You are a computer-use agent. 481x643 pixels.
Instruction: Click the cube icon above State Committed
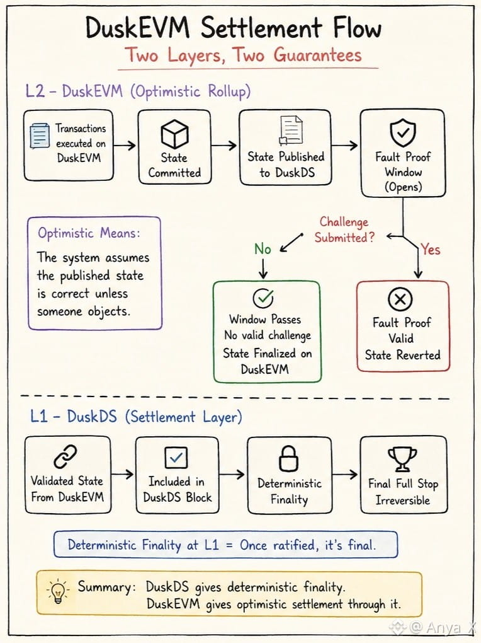click(174, 134)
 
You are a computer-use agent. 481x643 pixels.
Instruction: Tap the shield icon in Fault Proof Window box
click(403, 132)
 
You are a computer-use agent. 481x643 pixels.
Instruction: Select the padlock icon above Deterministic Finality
click(288, 458)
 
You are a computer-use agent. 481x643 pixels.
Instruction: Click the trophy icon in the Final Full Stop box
click(402, 459)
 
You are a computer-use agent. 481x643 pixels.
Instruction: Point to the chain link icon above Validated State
click(65, 456)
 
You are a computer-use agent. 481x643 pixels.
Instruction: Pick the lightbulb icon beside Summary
click(58, 591)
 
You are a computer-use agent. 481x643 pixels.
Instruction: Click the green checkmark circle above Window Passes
click(263, 298)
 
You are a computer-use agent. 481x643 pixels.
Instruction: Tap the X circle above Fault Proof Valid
click(400, 299)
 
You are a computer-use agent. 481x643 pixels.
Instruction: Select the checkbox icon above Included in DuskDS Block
click(176, 457)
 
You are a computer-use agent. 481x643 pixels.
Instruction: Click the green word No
click(263, 249)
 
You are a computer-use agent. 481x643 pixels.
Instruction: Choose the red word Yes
click(430, 249)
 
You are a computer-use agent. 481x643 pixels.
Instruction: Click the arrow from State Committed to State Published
click(225, 145)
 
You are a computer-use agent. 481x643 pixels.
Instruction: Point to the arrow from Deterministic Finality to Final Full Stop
click(345, 475)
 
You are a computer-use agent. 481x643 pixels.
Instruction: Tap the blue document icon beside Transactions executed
click(40, 136)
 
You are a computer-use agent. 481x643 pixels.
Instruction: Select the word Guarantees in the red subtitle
click(317, 55)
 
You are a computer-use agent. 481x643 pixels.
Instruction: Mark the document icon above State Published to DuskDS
click(291, 130)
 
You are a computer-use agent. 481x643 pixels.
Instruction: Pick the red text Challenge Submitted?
click(344, 229)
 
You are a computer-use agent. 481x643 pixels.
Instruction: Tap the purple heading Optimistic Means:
click(89, 233)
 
